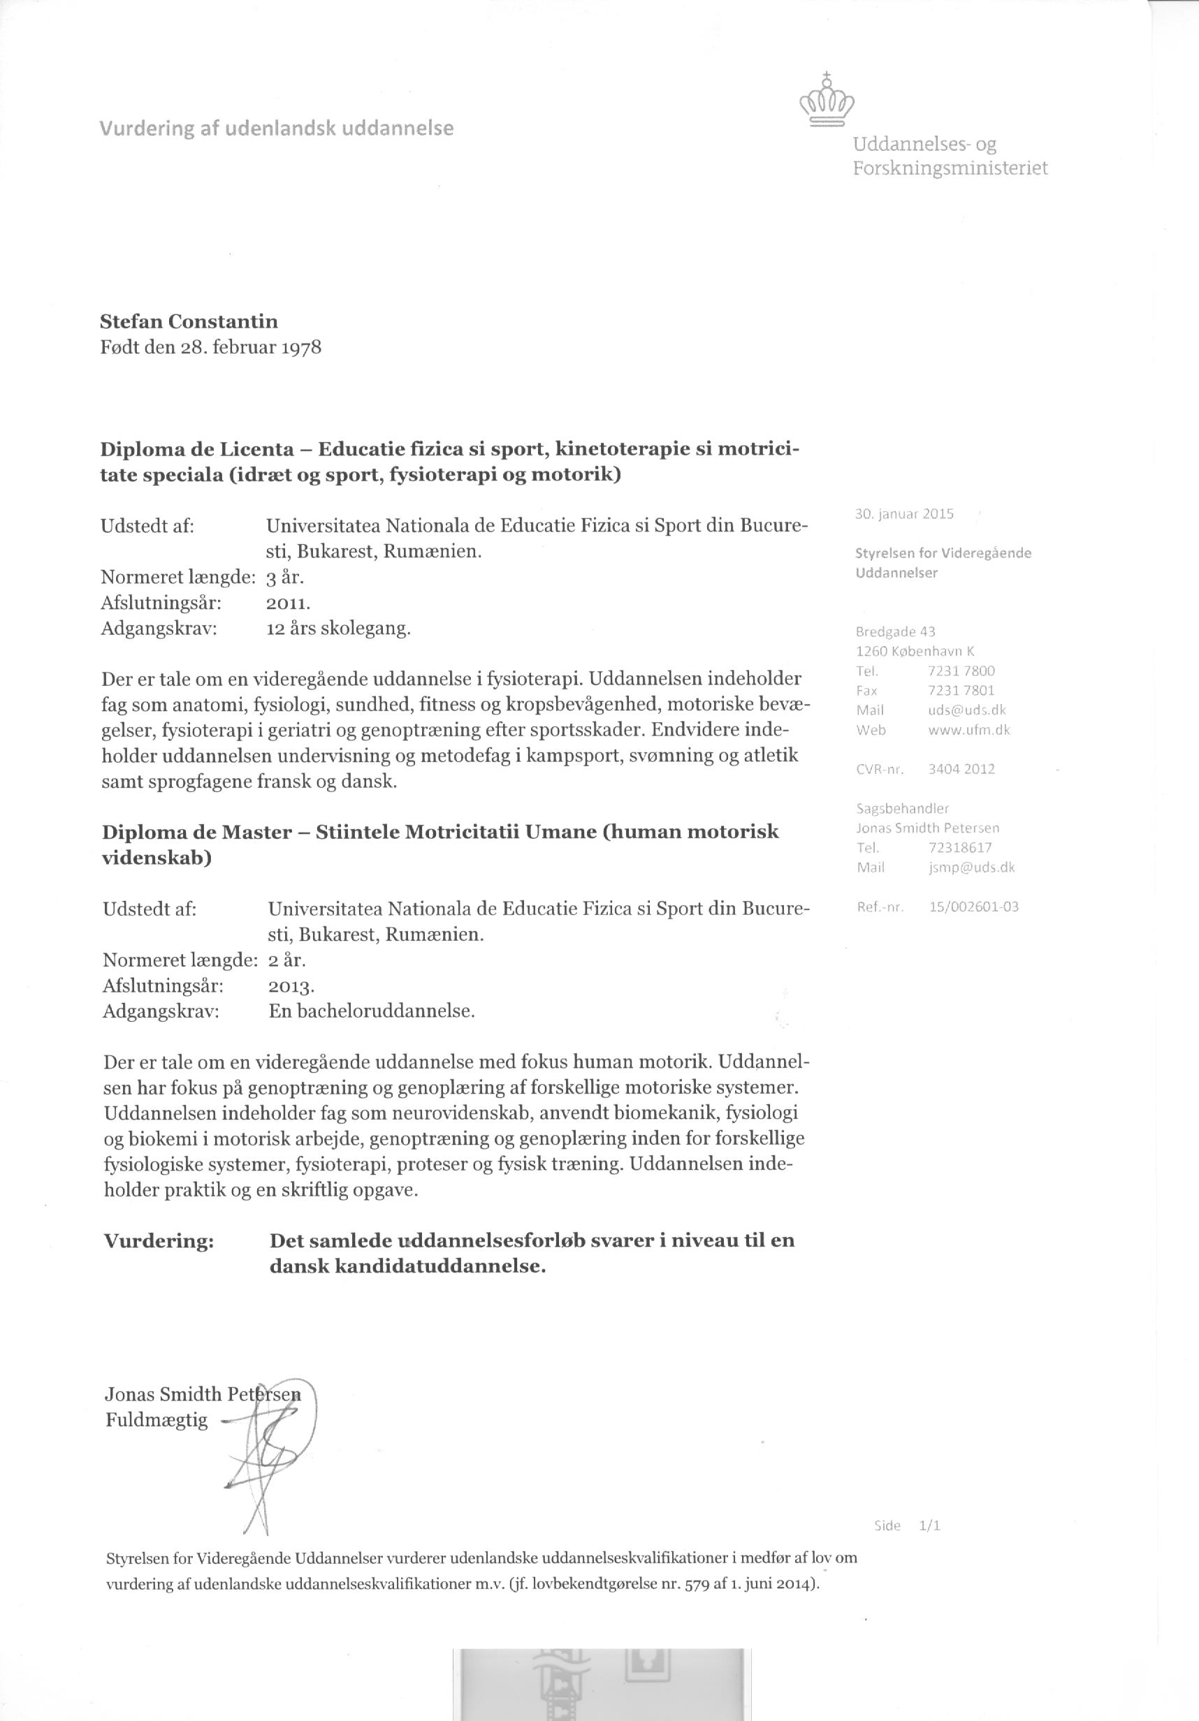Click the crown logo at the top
[x=827, y=101]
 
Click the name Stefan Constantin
[x=189, y=321]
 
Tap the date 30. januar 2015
[x=903, y=513]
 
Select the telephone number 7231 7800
[x=961, y=671]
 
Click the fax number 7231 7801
[x=961, y=690]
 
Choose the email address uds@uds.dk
[x=966, y=710]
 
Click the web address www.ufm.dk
[x=969, y=729]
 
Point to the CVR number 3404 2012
[x=961, y=769]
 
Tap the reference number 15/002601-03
[x=973, y=906]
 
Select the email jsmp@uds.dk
[x=971, y=867]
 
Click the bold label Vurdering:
[x=159, y=1241]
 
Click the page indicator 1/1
[x=929, y=1526]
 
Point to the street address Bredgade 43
[x=895, y=632]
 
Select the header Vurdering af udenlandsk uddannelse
[x=277, y=129]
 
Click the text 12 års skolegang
[x=339, y=628]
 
